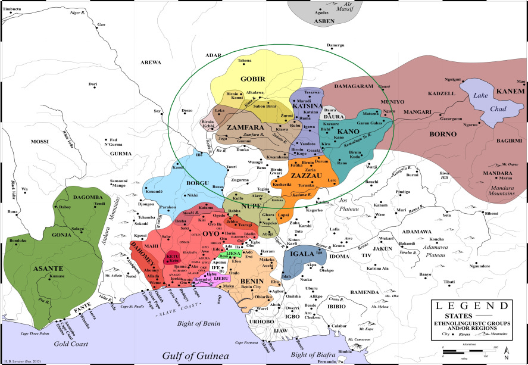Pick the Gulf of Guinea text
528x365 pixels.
(x=196, y=356)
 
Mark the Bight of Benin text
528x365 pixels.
(x=199, y=323)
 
